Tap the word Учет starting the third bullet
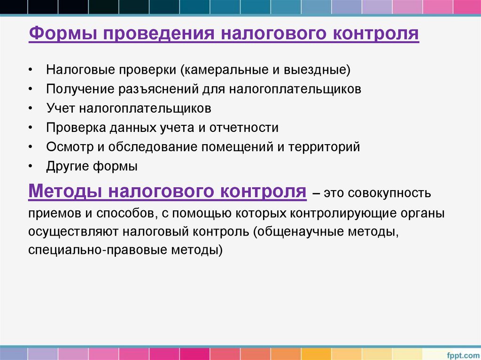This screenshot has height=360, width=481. [x=61, y=109]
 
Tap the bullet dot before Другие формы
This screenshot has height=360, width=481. [x=30, y=166]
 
